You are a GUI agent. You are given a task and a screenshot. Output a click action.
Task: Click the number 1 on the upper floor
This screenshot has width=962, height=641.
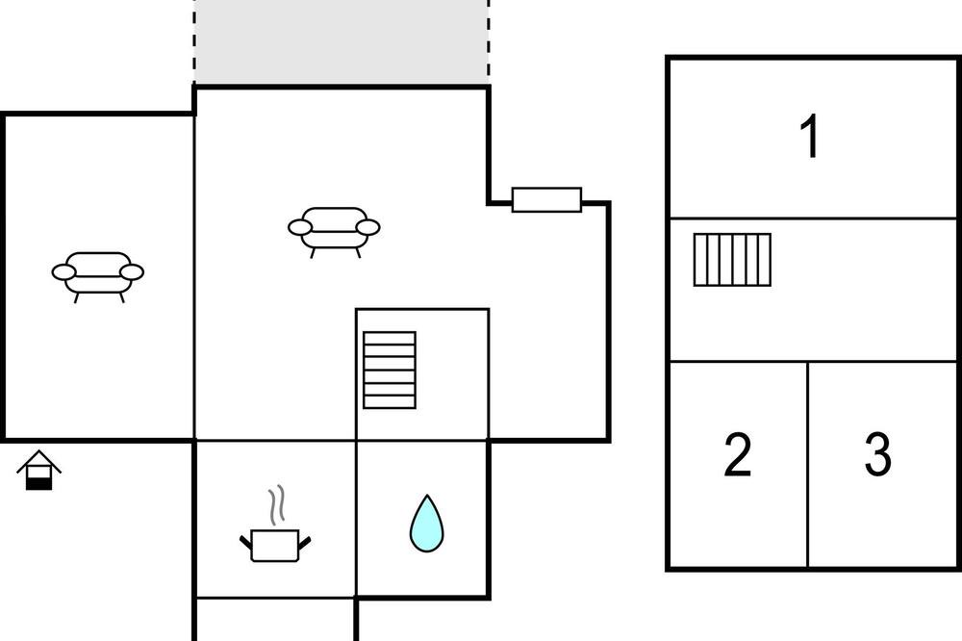(x=810, y=137)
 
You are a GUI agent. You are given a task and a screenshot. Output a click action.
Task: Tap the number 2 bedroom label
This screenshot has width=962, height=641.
(x=738, y=455)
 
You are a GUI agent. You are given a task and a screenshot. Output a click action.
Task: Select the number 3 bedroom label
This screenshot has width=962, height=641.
(x=877, y=455)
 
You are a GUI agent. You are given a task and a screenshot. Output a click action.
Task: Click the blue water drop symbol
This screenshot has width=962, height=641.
(x=426, y=524)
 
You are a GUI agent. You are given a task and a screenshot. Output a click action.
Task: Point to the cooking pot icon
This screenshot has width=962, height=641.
(x=275, y=545)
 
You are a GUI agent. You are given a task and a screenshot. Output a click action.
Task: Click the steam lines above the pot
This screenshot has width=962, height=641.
(x=277, y=504)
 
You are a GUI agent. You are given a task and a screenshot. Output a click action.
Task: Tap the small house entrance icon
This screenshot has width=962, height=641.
(x=38, y=471)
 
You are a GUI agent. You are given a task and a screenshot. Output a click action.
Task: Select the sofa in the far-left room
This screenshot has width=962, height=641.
(x=97, y=277)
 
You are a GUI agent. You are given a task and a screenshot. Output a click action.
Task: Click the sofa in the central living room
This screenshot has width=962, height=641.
(x=334, y=232)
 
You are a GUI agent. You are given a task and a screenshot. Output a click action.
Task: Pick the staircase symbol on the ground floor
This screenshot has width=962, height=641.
(x=390, y=371)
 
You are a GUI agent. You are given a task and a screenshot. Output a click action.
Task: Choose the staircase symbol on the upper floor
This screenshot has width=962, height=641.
(x=732, y=260)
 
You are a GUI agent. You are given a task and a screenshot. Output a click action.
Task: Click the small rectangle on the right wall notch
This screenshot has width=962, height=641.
(x=546, y=200)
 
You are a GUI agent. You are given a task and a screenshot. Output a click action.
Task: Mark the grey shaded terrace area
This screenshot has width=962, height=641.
(x=342, y=41)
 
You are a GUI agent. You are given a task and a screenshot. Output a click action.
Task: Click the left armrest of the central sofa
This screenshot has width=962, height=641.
(x=300, y=228)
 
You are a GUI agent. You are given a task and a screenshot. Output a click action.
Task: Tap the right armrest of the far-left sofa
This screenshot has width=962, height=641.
(x=131, y=272)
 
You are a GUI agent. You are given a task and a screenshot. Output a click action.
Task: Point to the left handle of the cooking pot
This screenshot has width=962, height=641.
(x=245, y=542)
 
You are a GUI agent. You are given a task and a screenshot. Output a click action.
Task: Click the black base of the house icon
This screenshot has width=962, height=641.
(x=38, y=484)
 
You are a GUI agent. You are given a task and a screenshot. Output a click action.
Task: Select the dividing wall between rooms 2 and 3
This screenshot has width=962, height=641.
(x=807, y=465)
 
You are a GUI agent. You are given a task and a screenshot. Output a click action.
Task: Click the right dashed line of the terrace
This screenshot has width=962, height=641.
(x=489, y=41)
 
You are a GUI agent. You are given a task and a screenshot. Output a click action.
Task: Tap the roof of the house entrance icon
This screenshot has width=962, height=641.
(x=38, y=461)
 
